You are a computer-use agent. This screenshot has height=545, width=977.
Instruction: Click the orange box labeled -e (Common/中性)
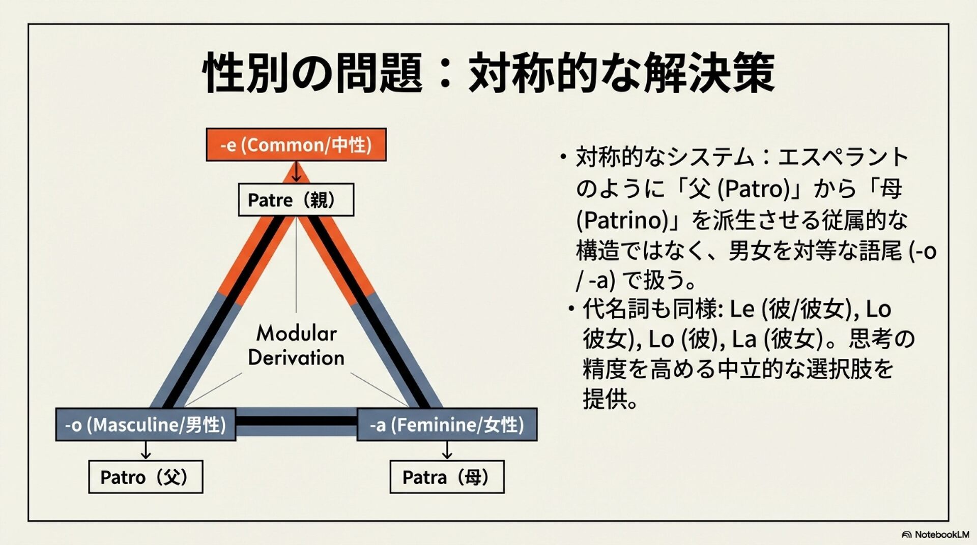pos(296,145)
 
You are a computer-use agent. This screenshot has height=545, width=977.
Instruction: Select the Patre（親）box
pos(296,200)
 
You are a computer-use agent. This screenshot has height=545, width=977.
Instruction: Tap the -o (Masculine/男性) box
pos(146,425)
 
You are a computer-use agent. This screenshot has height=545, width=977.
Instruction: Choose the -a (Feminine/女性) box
pos(447,425)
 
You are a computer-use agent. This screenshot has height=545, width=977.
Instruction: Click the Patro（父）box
pos(146,477)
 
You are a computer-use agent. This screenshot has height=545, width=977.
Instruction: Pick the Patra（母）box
pos(447,477)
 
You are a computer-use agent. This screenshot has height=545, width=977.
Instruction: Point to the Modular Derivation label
pos(296,345)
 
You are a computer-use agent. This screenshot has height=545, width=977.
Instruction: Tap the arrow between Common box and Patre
pos(296,172)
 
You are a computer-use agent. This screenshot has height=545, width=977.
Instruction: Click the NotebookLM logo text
pos(941,534)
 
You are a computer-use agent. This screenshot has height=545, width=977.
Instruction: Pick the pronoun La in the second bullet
pos(744,339)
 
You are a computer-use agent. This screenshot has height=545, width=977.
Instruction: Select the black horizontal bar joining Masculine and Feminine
pos(296,421)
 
